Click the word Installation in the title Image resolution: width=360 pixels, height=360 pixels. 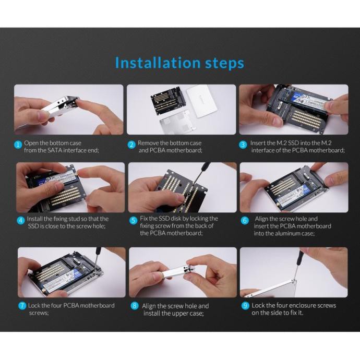click(158, 63)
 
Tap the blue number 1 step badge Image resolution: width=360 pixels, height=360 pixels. click(18, 145)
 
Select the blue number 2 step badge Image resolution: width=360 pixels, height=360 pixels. click(131, 145)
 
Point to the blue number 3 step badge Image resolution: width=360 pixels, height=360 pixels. click(243, 145)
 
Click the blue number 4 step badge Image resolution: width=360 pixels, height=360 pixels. click(21, 220)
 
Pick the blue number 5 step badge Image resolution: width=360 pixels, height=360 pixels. click(133, 220)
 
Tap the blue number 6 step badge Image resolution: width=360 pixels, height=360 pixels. click(245, 220)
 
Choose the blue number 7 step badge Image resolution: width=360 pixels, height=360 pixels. click(22, 306)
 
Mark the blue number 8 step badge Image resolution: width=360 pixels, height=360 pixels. click(134, 306)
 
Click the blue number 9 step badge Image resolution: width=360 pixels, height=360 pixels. click(245, 306)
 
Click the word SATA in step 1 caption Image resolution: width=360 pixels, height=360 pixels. click(55, 150)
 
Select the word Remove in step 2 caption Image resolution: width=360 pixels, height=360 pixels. click(148, 143)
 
